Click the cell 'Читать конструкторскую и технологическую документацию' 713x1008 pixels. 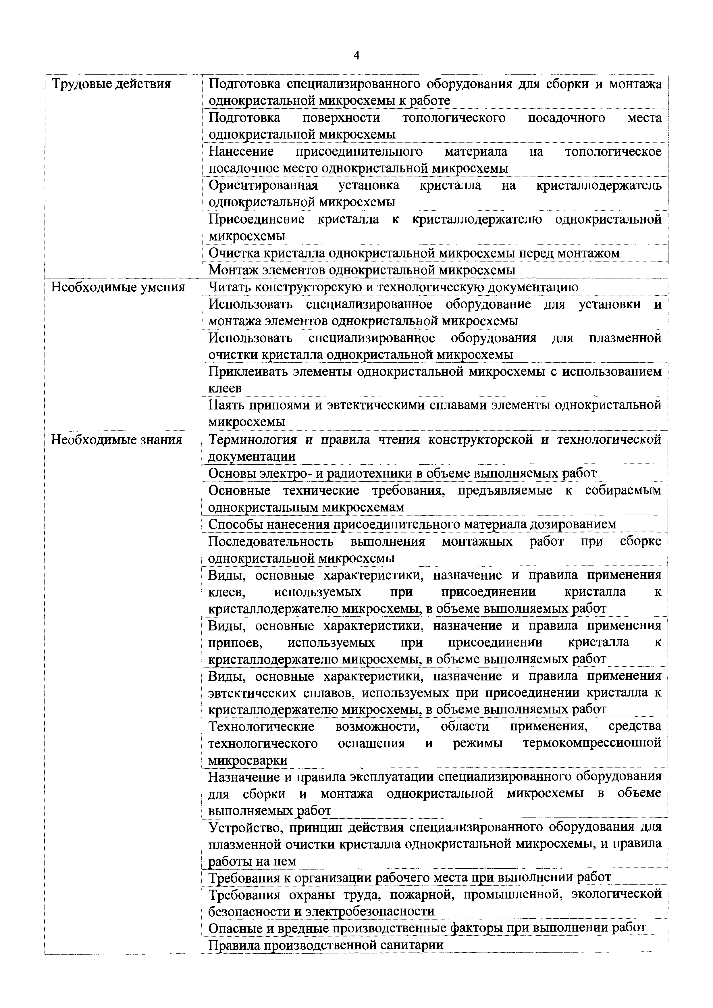click(x=393, y=287)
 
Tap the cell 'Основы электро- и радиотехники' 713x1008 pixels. click(x=402, y=473)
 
